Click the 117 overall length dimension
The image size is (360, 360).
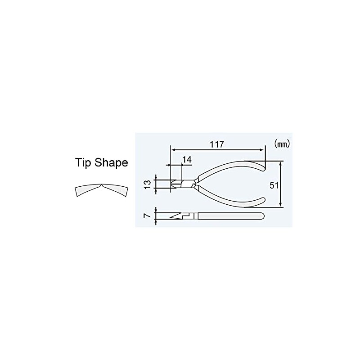tap(216, 144)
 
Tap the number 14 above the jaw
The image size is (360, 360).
tap(187, 159)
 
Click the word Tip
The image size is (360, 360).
tap(84, 162)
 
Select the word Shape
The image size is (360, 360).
tap(111, 163)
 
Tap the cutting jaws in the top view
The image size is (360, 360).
tap(175, 183)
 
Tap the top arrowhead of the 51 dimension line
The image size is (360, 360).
tap(281, 162)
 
